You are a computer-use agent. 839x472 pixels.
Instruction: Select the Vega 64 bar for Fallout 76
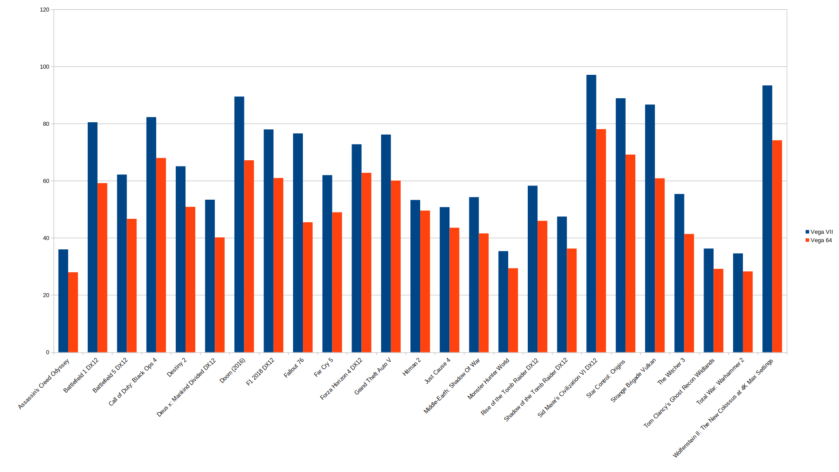308,287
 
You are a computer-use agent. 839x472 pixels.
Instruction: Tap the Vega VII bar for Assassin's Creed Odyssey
63,301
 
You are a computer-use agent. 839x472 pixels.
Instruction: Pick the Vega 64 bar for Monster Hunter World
513,310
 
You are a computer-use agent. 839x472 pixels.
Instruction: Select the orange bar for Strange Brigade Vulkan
660,266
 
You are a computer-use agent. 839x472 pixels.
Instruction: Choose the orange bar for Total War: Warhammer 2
748,312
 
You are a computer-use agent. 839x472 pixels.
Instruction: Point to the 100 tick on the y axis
45,67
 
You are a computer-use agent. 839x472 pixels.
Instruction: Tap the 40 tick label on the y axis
46,238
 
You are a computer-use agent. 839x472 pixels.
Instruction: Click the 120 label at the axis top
45,10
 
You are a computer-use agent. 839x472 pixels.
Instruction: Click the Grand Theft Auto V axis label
373,376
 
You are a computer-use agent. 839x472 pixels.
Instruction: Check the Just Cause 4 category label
437,371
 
